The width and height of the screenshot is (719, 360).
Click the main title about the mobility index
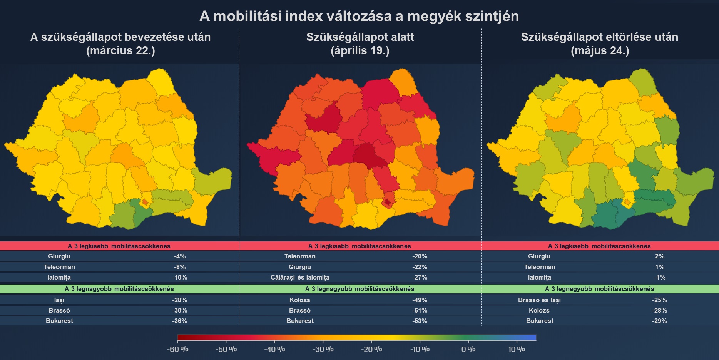[359, 16]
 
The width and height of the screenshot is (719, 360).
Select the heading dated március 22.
[120, 44]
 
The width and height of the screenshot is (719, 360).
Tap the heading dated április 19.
[360, 44]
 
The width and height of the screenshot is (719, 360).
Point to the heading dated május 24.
[600, 44]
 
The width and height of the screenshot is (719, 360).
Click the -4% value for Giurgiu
[179, 256]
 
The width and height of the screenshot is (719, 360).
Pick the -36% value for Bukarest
[179, 321]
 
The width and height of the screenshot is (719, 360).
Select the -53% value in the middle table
[420, 321]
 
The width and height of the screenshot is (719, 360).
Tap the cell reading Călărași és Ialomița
[300, 278]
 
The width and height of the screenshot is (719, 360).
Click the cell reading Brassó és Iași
[539, 300]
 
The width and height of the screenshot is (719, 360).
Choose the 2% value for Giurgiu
[659, 256]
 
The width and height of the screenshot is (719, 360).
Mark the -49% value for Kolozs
[420, 300]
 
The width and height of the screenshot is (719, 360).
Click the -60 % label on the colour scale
[177, 349]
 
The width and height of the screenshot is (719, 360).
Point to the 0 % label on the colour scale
[468, 349]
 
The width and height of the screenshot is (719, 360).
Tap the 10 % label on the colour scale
[517, 349]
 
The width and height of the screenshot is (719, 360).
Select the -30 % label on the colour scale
[323, 349]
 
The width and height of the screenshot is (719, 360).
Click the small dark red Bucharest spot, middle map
[388, 202]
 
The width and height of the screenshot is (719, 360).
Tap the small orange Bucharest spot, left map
[145, 202]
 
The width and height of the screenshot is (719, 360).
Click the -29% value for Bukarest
[659, 321]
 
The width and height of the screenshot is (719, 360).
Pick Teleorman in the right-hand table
[539, 267]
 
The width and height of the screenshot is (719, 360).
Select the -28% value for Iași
[179, 300]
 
